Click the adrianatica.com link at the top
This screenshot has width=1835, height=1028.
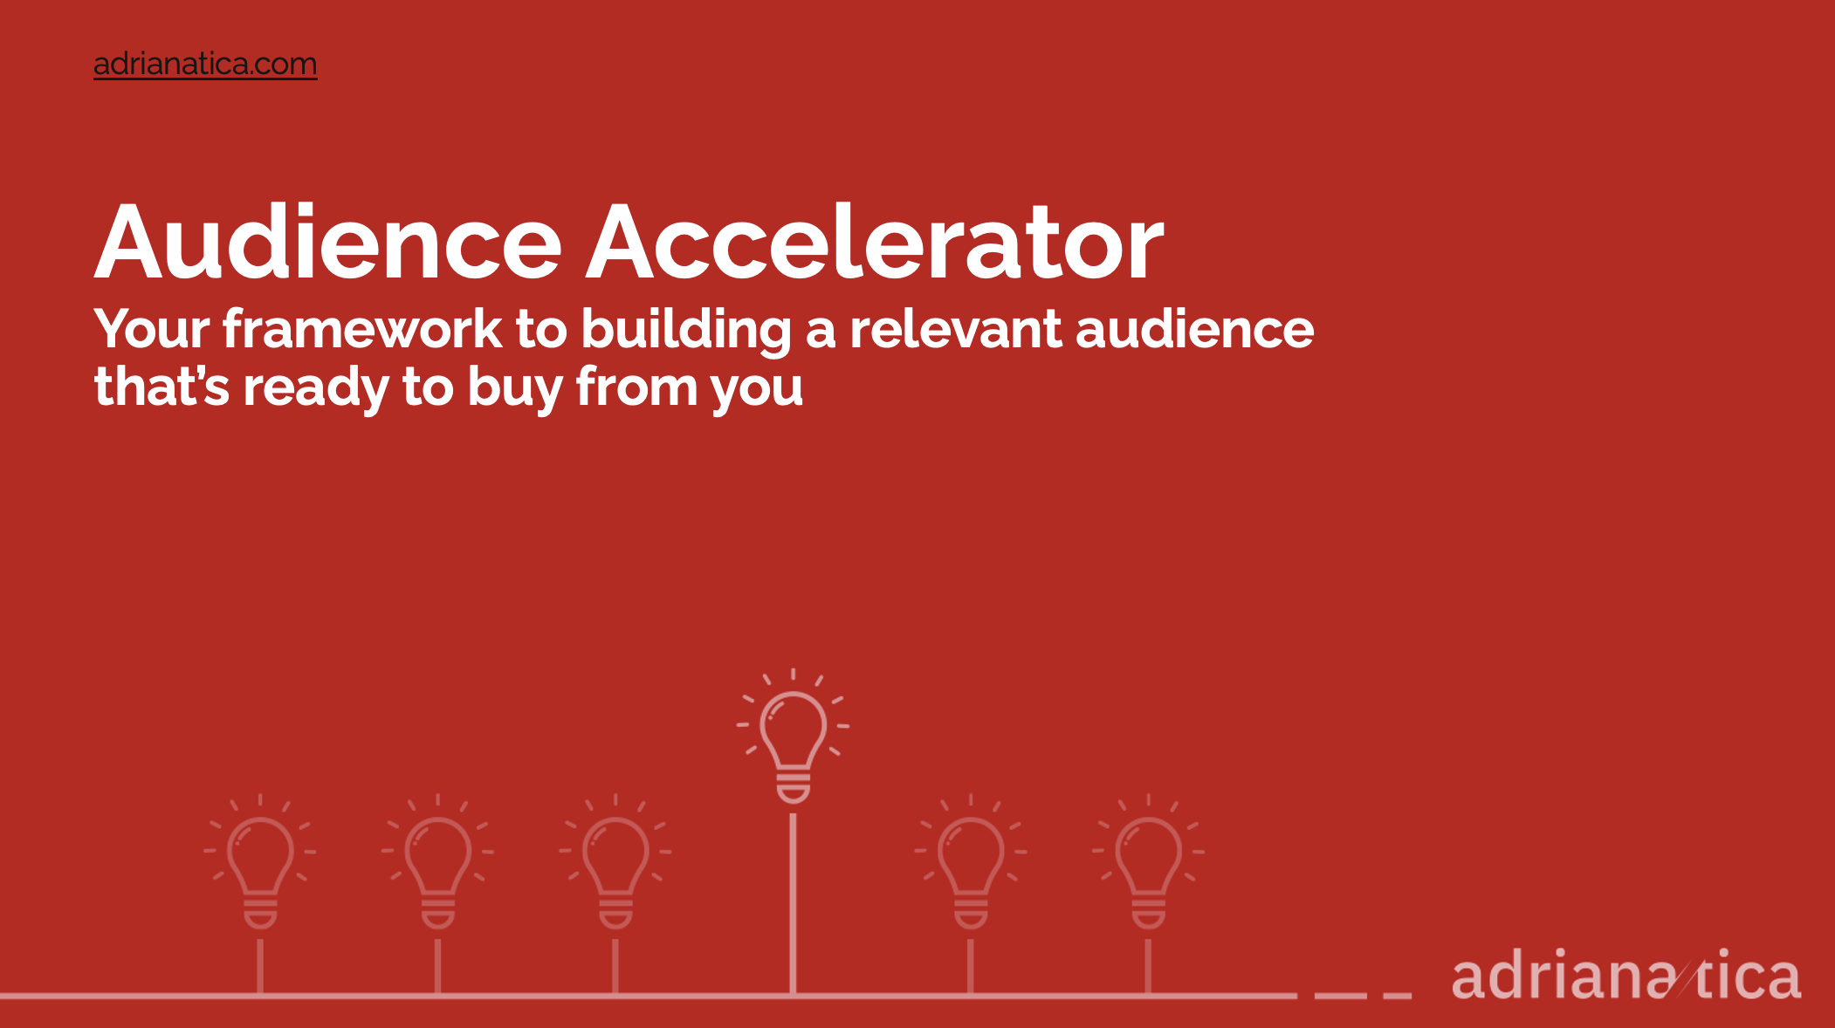205,64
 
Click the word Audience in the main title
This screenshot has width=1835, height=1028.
327,242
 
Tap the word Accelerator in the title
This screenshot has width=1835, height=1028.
875,242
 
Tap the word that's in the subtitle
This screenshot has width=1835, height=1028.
162,387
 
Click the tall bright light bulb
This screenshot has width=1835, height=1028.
793,736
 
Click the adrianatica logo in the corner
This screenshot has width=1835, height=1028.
1626,974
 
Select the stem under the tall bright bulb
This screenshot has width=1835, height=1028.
793,904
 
